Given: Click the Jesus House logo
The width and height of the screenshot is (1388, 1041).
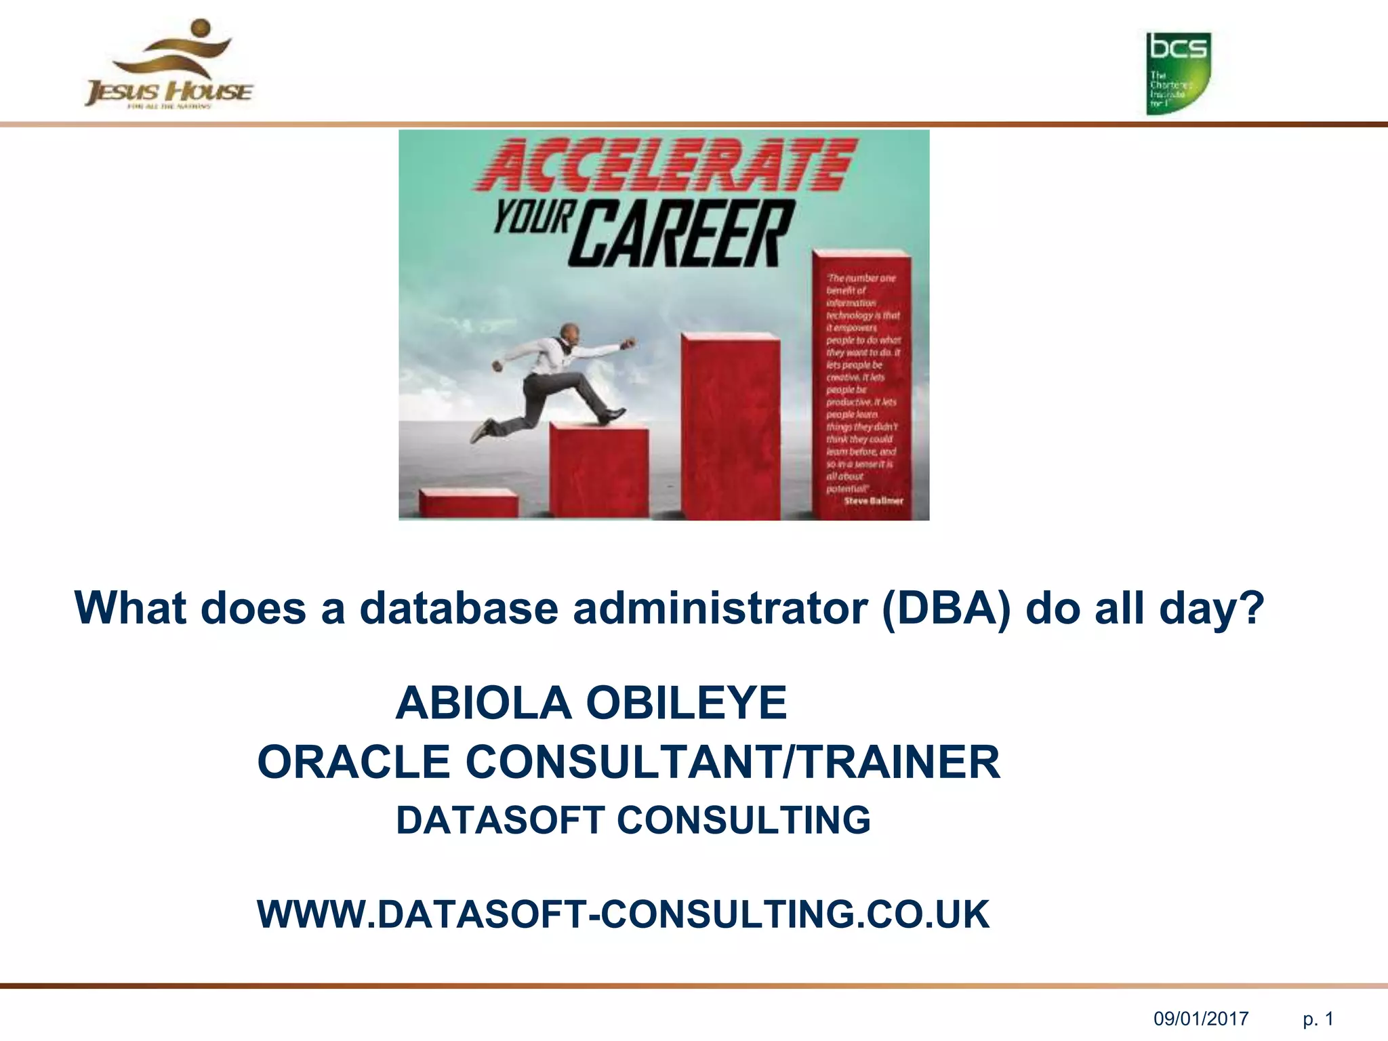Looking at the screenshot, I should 169,66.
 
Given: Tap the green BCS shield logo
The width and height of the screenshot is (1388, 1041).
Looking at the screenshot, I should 1178,73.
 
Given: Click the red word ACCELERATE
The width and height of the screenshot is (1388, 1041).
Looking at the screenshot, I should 666,165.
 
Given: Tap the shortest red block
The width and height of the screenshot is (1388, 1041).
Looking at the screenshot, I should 468,502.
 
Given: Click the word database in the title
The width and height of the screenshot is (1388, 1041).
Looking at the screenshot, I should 459,608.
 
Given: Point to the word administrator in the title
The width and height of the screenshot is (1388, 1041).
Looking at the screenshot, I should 720,608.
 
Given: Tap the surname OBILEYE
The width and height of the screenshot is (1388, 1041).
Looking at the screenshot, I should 686,703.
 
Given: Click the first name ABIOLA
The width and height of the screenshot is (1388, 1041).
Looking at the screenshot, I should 483,703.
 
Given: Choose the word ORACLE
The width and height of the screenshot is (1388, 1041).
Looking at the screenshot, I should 354,762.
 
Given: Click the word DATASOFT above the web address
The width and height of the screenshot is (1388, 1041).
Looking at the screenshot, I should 500,820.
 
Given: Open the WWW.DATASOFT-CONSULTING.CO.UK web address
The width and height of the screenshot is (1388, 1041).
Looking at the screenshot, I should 623,914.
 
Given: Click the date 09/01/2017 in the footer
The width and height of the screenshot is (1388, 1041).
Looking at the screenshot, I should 1201,1019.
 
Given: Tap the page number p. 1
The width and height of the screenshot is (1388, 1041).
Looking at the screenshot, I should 1318,1019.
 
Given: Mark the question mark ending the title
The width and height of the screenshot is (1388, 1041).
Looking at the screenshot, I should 1252,608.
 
